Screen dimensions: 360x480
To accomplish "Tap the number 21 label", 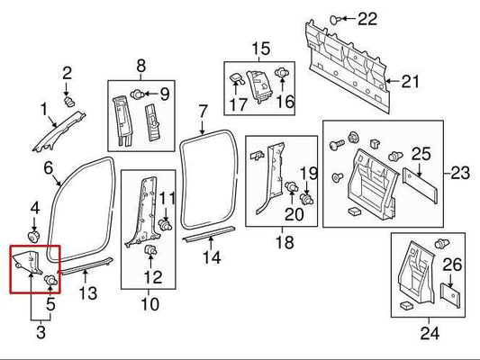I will coord(410,83).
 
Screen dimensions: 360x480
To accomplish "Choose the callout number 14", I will coord(211,258).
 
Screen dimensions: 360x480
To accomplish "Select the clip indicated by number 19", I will coord(307,196).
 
